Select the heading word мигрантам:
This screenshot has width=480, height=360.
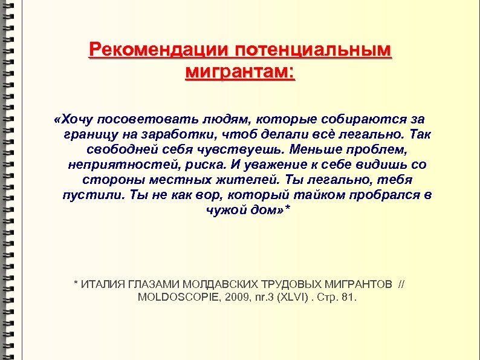tap(240, 73)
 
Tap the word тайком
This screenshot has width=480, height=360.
tap(316, 195)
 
